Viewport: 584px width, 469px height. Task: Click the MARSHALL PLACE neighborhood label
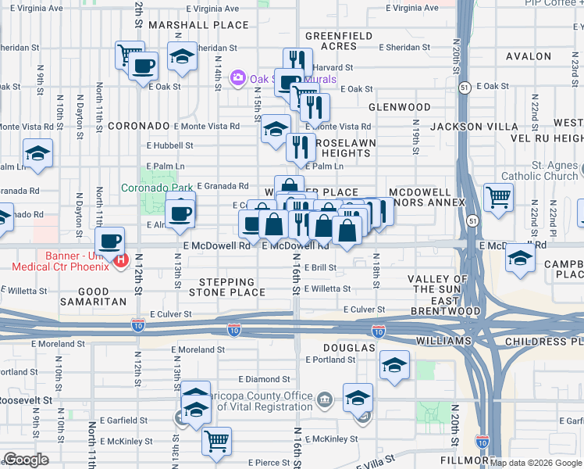(198, 25)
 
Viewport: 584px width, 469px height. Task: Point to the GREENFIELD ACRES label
(342, 41)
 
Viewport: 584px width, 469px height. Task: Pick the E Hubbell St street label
(169, 145)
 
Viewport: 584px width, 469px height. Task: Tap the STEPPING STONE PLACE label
(226, 287)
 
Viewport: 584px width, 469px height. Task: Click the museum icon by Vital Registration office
(325, 400)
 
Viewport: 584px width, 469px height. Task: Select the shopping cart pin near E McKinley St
(216, 439)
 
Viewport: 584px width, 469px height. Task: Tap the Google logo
(26, 460)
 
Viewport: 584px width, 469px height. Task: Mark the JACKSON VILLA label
(475, 127)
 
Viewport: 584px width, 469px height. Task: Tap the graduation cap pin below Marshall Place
(182, 57)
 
